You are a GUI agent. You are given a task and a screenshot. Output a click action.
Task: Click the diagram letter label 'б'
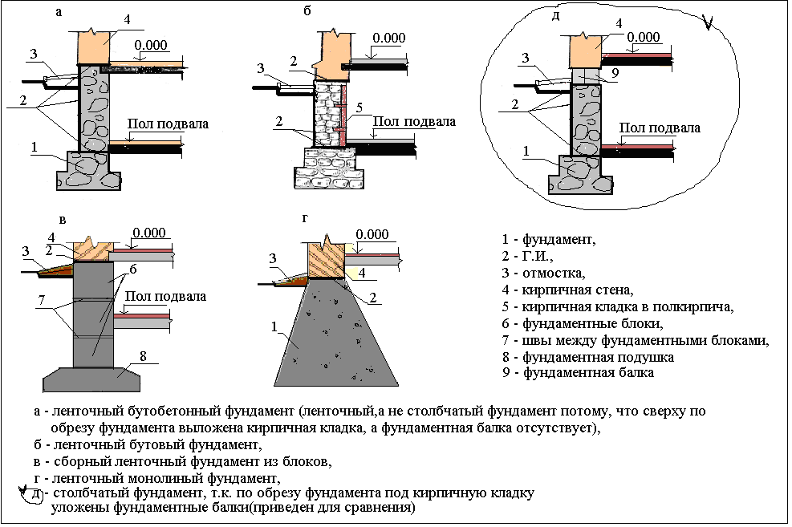307,10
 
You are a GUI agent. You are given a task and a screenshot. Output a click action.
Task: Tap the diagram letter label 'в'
62,220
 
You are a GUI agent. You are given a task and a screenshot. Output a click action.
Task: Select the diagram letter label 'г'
305,218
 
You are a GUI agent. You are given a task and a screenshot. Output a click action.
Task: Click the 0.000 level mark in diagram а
151,45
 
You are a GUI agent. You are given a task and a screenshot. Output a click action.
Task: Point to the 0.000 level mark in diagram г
372,235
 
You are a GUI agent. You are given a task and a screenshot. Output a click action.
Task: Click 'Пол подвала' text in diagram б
414,122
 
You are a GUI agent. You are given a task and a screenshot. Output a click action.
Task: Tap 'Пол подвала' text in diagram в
165,296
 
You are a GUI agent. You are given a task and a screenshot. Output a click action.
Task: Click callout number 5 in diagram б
359,107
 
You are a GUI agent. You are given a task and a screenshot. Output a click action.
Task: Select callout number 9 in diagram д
615,74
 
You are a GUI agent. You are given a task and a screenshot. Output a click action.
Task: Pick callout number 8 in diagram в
143,356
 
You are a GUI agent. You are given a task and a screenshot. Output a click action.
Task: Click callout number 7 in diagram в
42,300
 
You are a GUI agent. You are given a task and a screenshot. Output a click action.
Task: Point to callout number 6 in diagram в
133,270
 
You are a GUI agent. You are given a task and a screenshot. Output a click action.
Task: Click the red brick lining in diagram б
343,116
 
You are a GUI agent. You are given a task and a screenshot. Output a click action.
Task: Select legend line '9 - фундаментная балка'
578,373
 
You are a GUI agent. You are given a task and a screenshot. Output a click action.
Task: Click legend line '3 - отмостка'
543,273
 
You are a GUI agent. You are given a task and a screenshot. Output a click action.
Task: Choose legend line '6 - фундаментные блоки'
583,323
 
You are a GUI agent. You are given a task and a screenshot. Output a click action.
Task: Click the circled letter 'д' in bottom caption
35,494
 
